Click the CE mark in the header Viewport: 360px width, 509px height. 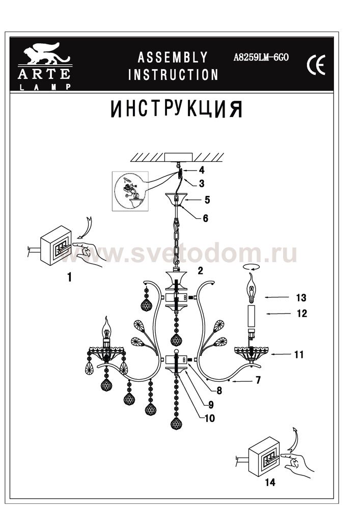316,65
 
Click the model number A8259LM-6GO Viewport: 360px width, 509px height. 261,58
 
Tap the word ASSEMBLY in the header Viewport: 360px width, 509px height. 173,58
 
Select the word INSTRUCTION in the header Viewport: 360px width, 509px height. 173,75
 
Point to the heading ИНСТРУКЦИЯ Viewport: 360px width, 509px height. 177,109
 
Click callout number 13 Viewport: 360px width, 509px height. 301,298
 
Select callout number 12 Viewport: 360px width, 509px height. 301,314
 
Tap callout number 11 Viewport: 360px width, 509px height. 299,354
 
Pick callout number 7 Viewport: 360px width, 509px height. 258,380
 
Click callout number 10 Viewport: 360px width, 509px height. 210,418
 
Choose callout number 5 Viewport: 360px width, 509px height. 207,200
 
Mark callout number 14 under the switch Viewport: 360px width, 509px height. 270,483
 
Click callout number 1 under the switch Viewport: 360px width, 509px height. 69,277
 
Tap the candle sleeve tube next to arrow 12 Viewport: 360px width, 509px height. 252,317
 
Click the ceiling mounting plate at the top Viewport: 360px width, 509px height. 178,157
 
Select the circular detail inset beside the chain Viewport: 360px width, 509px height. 130,191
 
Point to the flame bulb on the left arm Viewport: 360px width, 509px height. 106,327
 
